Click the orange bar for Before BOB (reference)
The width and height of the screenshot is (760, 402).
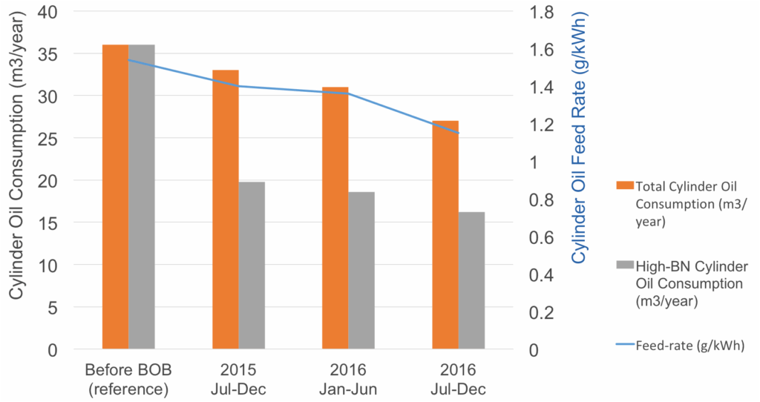click(x=115, y=197)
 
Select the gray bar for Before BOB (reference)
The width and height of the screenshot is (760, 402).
click(x=142, y=197)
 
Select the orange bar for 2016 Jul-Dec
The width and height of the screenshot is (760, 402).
click(x=445, y=234)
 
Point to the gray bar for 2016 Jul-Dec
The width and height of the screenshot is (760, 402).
click(x=471, y=280)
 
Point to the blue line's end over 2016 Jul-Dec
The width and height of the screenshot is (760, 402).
click(x=459, y=133)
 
